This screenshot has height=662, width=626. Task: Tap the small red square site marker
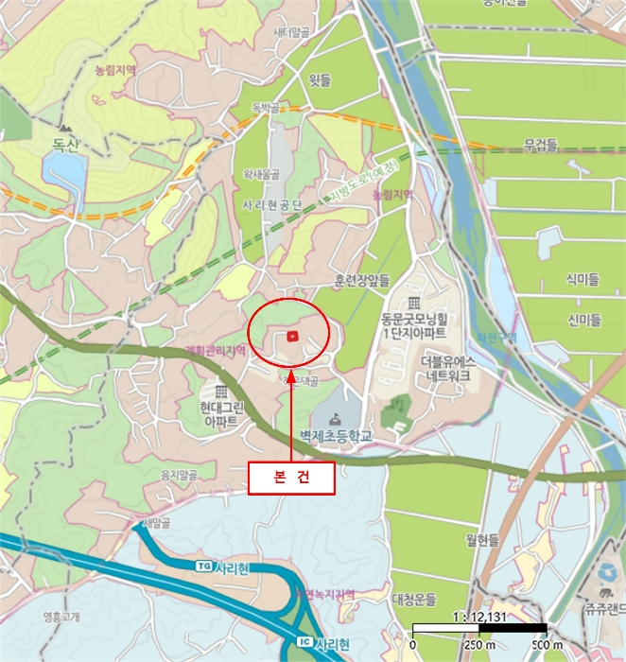[x=292, y=336]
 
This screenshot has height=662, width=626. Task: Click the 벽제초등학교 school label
[x=337, y=436]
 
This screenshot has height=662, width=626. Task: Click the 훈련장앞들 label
[x=362, y=281]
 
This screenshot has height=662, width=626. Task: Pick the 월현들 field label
[x=482, y=541]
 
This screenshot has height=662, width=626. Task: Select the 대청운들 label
[x=414, y=600]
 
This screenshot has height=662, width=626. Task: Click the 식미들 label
[x=583, y=279]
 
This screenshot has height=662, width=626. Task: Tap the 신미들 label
[x=583, y=320]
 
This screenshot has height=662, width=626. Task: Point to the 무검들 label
[x=542, y=145]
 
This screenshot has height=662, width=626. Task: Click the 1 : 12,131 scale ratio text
[x=478, y=616]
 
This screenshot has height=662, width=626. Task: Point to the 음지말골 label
[x=179, y=473]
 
